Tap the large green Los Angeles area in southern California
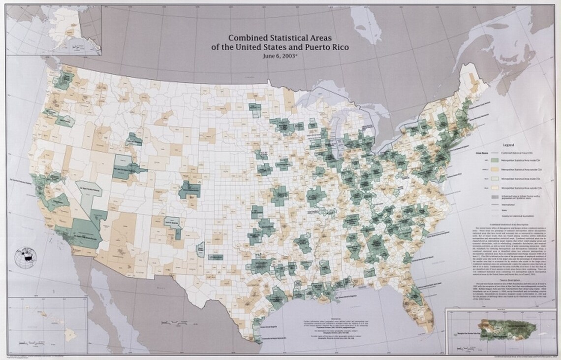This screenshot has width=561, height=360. click(x=84, y=231)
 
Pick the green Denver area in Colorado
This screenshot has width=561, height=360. click(x=189, y=190)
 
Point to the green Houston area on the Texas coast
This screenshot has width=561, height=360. click(x=277, y=296)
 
